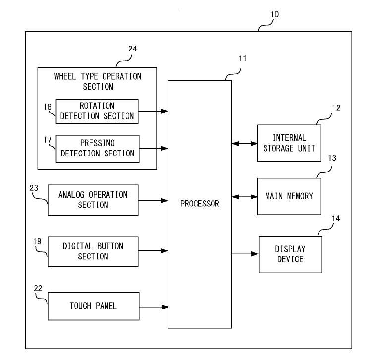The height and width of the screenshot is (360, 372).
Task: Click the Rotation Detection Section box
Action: (97, 111)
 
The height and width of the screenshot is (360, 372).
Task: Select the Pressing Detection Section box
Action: (98, 149)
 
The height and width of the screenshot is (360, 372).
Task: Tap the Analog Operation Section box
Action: (93, 200)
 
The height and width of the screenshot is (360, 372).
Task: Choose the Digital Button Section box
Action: (93, 252)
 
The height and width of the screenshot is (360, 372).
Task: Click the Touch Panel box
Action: (94, 306)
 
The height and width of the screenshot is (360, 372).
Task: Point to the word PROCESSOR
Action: (200, 204)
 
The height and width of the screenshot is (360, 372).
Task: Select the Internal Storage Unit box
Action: (289, 143)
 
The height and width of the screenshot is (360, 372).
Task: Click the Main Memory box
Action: (289, 197)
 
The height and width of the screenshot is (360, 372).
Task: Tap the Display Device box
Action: (290, 255)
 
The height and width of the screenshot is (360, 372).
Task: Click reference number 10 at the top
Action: (275, 14)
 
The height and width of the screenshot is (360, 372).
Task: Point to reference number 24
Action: (132, 49)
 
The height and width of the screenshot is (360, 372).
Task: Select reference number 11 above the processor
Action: (242, 58)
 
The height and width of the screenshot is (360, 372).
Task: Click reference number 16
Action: (47, 107)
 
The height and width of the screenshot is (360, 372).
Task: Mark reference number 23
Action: (34, 188)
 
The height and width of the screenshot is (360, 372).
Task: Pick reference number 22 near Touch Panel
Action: (38, 288)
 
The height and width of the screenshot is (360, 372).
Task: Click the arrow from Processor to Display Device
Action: (245, 254)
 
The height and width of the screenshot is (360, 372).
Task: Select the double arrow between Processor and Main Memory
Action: (245, 197)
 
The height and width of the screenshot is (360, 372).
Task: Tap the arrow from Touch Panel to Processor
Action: (154, 307)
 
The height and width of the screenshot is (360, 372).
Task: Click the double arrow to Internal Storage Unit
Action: (245, 144)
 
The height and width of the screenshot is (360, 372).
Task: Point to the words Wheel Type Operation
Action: (98, 76)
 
